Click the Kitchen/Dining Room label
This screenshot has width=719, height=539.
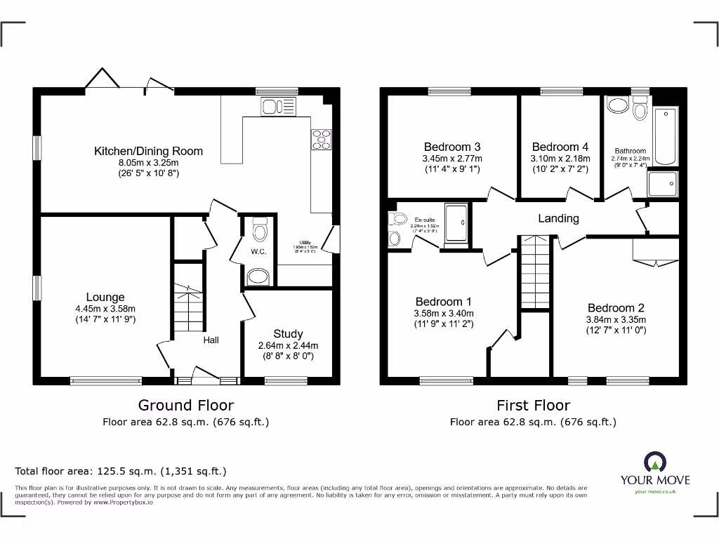point(148,151)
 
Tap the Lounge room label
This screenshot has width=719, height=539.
point(105,298)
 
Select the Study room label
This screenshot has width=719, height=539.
point(288,333)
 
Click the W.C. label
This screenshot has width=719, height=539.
point(258,251)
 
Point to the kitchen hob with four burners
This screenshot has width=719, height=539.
point(322,139)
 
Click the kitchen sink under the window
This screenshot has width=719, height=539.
point(279,107)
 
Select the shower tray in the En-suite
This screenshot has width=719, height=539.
point(457,225)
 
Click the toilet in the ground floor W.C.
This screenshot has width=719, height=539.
point(259,229)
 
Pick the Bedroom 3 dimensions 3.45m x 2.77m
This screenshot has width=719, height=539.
point(453,159)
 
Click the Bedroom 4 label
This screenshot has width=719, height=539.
point(560,147)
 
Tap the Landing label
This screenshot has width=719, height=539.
point(558,218)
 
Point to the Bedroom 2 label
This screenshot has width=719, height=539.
point(616,307)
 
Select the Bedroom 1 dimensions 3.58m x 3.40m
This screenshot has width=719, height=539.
point(443,314)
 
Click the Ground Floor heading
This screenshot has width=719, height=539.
point(185,405)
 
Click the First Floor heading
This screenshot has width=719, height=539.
point(533,405)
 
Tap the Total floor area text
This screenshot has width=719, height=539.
point(121,472)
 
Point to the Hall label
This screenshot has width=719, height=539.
point(211,340)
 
